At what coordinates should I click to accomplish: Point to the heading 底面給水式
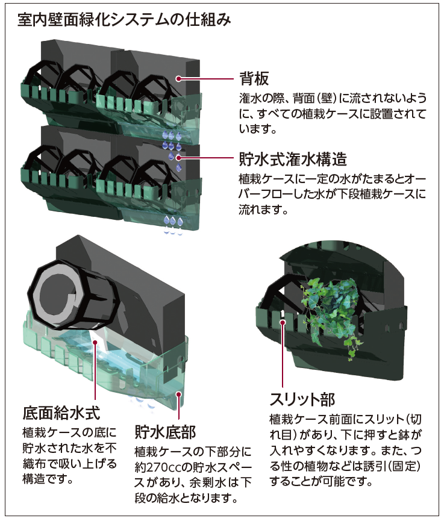[x=61, y=413]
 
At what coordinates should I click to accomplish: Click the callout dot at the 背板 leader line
[x=179, y=78]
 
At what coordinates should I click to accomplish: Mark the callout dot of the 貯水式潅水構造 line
[x=179, y=158]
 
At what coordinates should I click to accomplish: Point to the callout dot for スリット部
[x=282, y=324]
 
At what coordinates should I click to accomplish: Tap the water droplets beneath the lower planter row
[x=174, y=223]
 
